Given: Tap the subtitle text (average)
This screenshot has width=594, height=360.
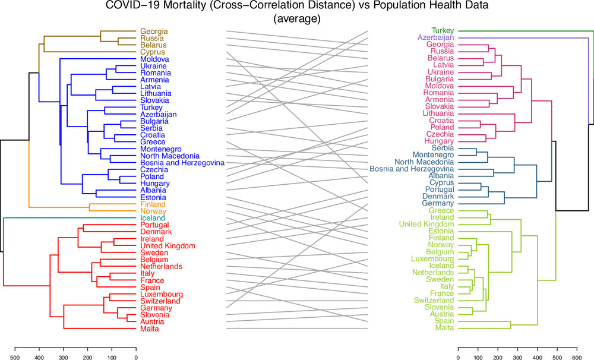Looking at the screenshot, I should (296, 18).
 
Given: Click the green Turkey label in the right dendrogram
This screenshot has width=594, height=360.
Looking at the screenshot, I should (443, 30).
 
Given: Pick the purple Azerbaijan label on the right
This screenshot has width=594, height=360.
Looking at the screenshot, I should (436, 37).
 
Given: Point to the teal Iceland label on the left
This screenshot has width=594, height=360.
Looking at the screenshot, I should (153, 218).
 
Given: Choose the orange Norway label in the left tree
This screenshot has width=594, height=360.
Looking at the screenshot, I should (153, 211).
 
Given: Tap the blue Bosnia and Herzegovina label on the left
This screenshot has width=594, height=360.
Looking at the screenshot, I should (182, 162).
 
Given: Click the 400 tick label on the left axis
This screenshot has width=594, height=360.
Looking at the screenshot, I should (39, 358).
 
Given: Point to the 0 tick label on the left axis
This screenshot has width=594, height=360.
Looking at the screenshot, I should (135, 358).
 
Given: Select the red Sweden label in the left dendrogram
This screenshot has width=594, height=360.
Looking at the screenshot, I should (152, 252).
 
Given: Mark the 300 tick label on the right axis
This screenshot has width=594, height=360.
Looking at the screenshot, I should (517, 358).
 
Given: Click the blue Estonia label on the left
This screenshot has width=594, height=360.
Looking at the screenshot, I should (153, 197).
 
